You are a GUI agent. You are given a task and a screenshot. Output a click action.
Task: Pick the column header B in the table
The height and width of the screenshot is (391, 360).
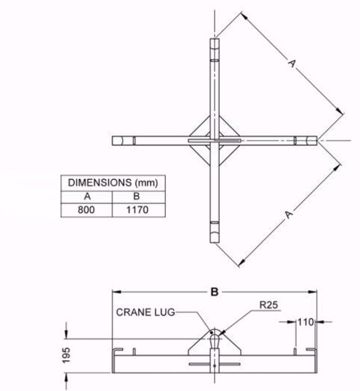coord(139,196)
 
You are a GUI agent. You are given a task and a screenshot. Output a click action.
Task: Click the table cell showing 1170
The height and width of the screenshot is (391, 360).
coord(139,210)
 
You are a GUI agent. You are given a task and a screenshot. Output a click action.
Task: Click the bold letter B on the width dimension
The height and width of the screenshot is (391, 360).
coord(213,290)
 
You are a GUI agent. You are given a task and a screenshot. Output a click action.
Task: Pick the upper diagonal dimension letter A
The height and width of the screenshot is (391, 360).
coord(291,63)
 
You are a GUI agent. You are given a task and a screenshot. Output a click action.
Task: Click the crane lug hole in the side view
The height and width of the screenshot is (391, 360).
coord(214,334)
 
